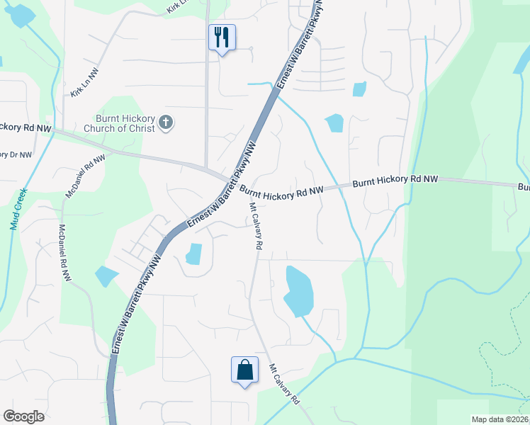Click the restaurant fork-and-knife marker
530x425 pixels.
click(222, 37)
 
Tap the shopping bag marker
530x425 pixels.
click(244, 370)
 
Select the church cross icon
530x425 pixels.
click(165, 123)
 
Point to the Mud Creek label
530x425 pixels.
click(16, 209)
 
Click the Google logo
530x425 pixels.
click(23, 416)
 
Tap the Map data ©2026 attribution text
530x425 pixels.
click(499, 419)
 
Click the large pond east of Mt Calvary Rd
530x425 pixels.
click(298, 290)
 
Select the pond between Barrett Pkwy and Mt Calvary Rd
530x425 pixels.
click(193, 254)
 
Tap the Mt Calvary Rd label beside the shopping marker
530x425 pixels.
click(284, 385)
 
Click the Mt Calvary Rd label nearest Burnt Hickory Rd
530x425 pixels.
click(255, 225)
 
